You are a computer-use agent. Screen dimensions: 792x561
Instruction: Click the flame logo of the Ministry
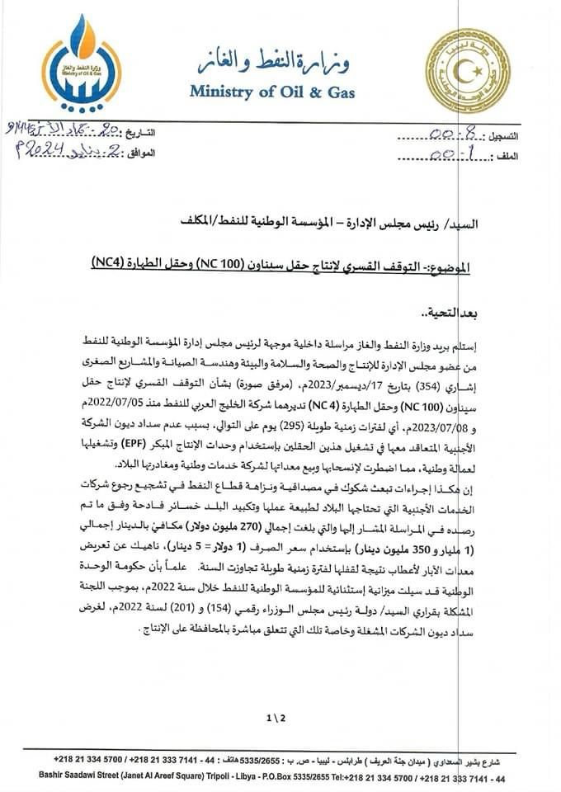(82, 62)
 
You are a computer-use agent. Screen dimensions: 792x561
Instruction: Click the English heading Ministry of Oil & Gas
(279, 90)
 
